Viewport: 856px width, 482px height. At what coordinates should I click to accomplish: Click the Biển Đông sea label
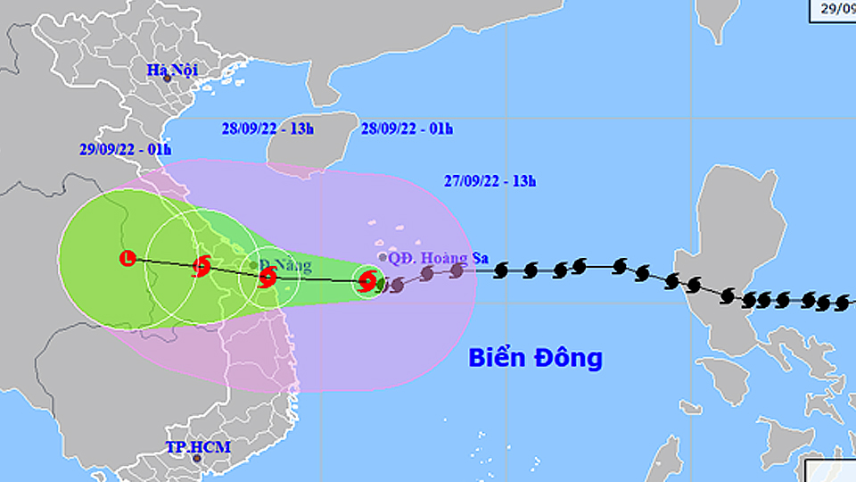coord(536,358)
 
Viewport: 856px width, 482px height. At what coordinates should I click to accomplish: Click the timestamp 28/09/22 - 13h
coord(267,129)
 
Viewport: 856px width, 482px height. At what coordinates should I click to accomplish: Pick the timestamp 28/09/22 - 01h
coord(407,129)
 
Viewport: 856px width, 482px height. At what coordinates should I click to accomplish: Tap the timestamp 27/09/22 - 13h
coord(489,181)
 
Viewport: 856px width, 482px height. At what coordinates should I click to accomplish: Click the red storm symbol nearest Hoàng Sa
coord(366,282)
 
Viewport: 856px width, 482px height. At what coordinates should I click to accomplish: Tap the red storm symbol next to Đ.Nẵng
coord(267,278)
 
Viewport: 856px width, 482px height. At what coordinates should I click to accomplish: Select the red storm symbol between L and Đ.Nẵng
coord(202,265)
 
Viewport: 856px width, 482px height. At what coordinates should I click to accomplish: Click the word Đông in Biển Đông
coord(569,358)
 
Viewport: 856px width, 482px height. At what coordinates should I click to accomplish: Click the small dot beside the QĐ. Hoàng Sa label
coord(383,257)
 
